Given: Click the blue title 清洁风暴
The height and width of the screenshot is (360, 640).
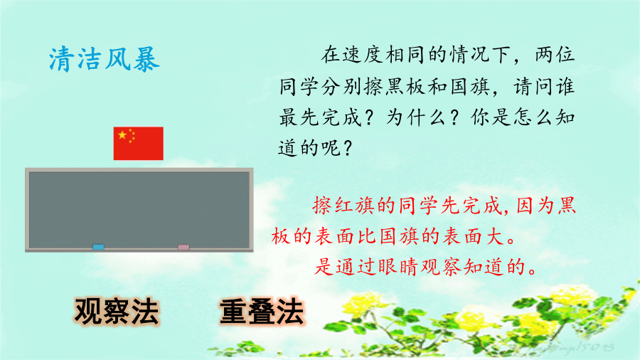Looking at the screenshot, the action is click(x=104, y=60).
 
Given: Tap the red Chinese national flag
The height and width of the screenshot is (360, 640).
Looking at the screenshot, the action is click(x=139, y=143).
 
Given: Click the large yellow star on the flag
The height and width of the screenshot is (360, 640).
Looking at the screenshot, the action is click(x=122, y=134).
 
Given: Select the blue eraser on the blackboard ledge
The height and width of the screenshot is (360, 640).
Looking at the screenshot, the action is click(x=98, y=247).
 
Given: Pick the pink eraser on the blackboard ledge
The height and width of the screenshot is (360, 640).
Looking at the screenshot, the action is click(x=183, y=247).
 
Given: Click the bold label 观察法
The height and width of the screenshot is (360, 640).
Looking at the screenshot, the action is click(x=117, y=312).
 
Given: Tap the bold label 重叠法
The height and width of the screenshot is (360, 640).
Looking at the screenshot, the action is click(x=262, y=312).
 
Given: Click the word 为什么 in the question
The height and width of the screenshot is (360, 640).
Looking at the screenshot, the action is click(x=417, y=117).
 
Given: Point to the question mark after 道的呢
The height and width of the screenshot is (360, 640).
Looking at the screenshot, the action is click(x=348, y=148).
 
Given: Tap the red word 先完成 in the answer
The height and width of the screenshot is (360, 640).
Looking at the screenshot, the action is click(x=471, y=206).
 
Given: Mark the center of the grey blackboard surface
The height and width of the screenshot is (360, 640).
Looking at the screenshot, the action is click(x=139, y=210).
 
